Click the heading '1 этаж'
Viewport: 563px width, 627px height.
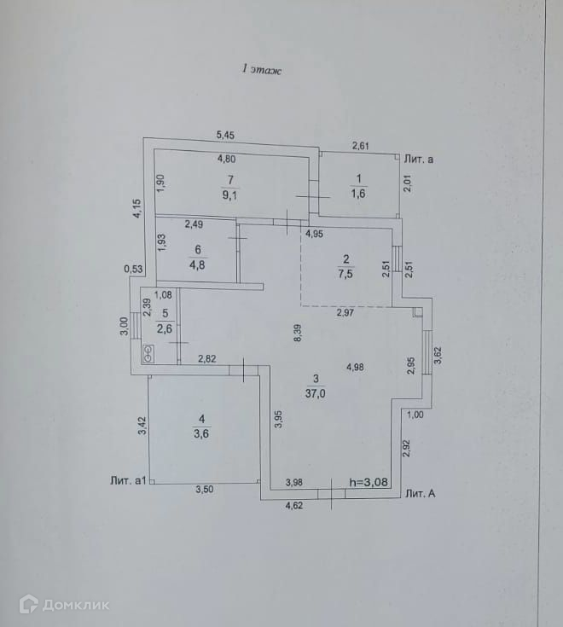pos(263,70)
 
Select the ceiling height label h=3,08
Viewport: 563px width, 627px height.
pos(369,482)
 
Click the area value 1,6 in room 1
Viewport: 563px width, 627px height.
pos(358,192)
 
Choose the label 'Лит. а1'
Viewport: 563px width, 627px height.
pos(130,480)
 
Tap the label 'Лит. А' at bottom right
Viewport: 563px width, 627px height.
pos(423,493)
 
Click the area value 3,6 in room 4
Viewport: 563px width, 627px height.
pos(201,433)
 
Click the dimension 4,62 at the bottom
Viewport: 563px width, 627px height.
pos(295,505)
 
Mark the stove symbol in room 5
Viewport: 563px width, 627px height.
pos(148,352)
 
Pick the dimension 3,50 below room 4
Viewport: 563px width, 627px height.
pos(205,490)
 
